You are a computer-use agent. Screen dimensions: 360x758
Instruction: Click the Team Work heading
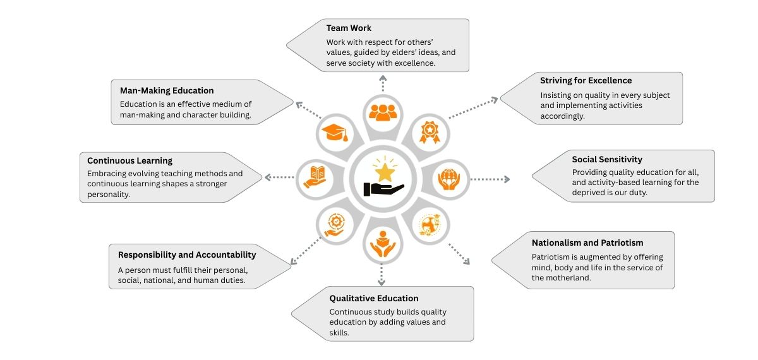tap(349, 28)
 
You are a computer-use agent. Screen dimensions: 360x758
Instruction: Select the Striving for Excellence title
tap(586, 81)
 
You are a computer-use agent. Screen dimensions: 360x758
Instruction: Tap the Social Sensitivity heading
tap(607, 160)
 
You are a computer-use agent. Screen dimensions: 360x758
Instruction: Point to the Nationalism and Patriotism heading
tap(587, 243)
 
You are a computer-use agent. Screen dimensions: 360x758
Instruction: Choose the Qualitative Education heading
tap(373, 298)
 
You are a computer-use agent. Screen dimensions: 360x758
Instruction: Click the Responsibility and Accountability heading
tap(186, 255)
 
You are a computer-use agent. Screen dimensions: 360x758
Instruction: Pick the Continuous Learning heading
tap(129, 161)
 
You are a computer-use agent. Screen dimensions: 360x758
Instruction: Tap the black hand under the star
tap(383, 188)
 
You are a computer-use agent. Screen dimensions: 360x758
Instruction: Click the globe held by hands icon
tap(449, 179)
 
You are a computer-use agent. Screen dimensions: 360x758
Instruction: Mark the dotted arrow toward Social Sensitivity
tap(489, 179)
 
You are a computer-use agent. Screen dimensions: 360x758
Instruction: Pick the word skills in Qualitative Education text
tap(340, 332)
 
